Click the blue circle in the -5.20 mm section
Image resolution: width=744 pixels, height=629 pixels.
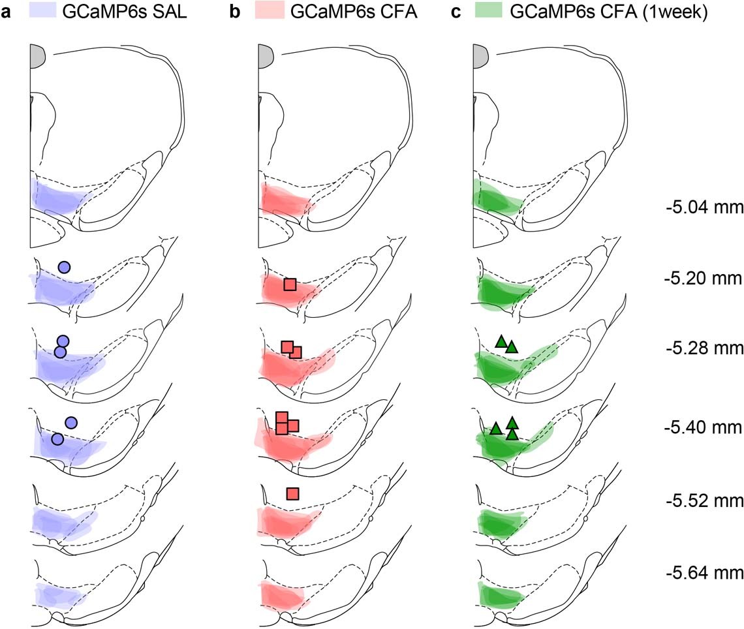(x=64, y=266)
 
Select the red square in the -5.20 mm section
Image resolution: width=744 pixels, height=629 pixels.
(x=290, y=284)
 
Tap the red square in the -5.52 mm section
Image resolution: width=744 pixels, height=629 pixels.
(x=292, y=493)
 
